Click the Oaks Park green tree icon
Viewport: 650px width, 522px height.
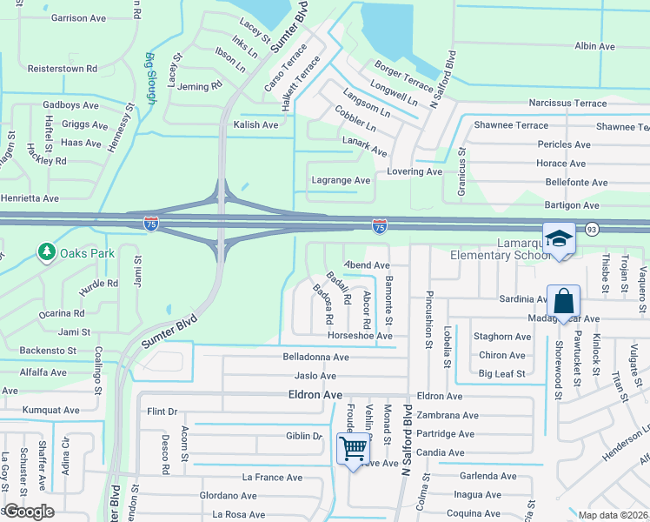coord(44,252)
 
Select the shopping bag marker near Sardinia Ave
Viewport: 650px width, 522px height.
coord(563,301)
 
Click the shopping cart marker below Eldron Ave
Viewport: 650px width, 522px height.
coord(353,449)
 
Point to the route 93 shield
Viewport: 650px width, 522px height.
coord(592,229)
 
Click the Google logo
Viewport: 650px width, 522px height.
coord(29,512)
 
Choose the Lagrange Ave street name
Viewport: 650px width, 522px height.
coord(341,180)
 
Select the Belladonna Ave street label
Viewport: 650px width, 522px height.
coord(315,357)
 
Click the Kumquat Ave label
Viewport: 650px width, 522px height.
coord(52,409)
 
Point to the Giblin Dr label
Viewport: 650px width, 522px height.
coord(304,436)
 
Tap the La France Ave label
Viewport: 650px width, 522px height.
coord(272,478)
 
